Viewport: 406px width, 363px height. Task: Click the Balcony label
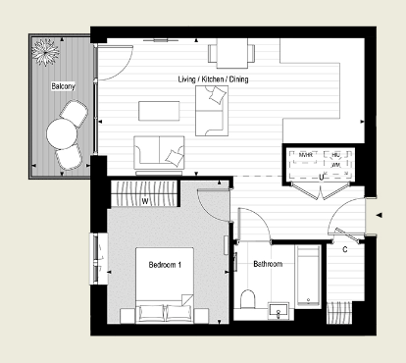pos(64,86)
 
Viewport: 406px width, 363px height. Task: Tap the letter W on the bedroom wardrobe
pos(145,202)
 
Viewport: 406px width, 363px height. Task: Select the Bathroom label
pos(267,264)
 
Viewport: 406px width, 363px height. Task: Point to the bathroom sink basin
pos(279,312)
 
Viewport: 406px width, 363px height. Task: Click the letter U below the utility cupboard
pos(322,178)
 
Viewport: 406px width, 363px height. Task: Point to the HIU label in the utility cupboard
pos(335,154)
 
